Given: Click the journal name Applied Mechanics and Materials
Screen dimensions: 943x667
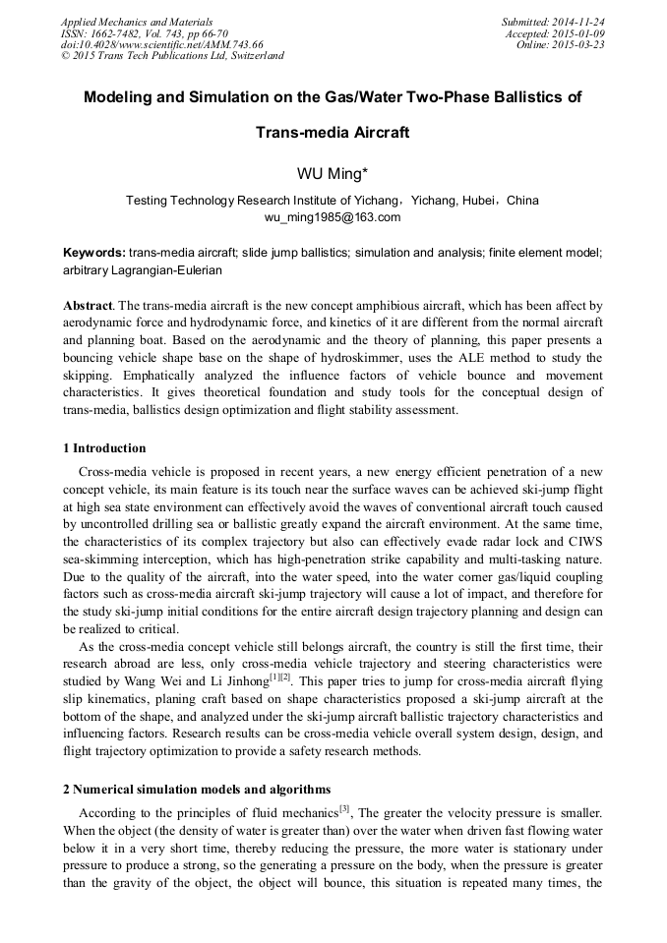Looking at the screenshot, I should pos(137,22).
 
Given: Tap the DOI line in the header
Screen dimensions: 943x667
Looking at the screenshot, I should pos(162,44).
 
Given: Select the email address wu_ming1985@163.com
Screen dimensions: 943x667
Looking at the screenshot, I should pos(333,216).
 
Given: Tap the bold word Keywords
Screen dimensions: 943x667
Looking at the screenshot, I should pos(93,253).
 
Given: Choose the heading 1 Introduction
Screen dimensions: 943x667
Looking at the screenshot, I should pos(104,448).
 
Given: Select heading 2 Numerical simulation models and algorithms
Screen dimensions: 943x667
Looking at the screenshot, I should pos(197,790).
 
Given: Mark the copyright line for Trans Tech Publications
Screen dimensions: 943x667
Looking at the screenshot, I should pos(172,56).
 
